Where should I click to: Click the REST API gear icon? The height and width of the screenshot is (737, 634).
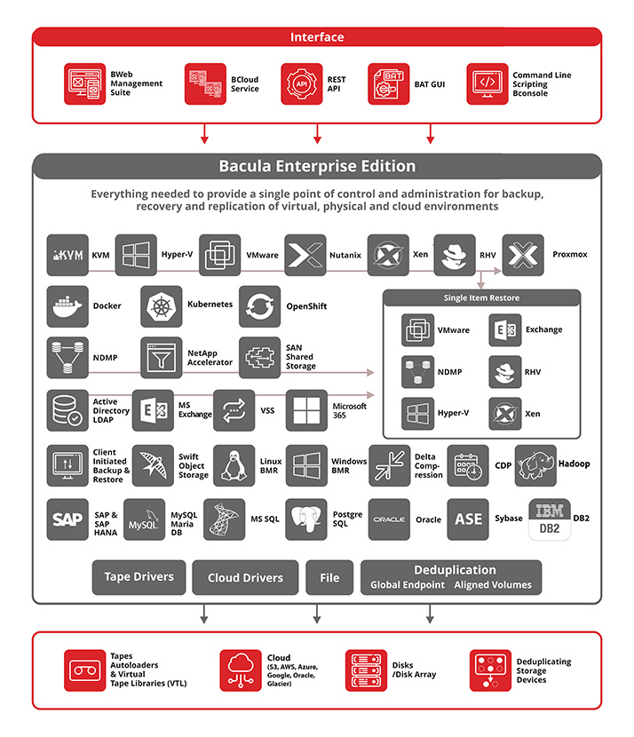click(301, 84)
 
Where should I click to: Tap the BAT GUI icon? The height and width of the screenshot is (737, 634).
click(388, 84)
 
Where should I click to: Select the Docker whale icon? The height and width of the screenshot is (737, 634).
click(67, 306)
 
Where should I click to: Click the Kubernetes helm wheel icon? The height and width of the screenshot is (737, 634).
click(162, 306)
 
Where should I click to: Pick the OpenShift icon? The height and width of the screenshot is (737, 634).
click(259, 306)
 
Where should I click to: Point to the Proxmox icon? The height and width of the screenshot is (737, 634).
click(523, 255)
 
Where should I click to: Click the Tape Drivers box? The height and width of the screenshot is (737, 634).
click(139, 577)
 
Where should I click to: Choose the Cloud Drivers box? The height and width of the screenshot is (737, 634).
click(245, 577)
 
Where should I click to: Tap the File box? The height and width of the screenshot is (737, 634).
click(329, 577)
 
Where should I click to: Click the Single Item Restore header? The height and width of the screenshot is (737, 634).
click(482, 298)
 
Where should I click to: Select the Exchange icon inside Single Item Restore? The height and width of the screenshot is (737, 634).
click(505, 330)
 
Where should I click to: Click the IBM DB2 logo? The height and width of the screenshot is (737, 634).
click(550, 519)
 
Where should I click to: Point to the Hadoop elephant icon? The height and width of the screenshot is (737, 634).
click(535, 465)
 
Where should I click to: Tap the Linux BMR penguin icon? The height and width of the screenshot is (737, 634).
click(234, 465)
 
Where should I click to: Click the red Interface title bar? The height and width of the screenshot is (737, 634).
click(317, 37)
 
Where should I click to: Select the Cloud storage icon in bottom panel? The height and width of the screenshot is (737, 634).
click(241, 670)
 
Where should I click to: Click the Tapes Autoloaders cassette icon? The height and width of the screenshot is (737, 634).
click(84, 670)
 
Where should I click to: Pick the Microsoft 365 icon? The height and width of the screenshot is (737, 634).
click(306, 410)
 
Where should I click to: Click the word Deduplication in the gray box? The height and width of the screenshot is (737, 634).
click(455, 570)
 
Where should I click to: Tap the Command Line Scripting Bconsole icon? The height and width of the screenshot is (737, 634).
click(487, 84)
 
